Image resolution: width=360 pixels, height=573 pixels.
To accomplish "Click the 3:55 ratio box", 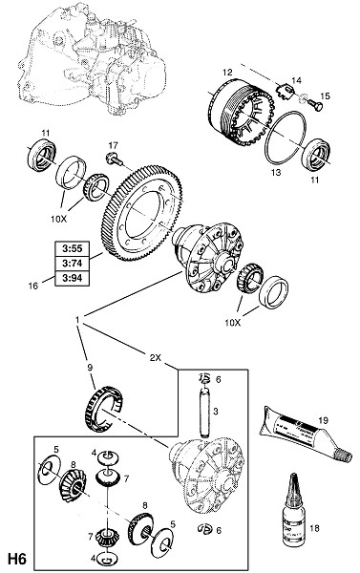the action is (73, 249).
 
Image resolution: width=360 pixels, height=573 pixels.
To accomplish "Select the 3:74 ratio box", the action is (73, 264).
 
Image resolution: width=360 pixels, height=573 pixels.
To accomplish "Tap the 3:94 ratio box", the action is (73, 279).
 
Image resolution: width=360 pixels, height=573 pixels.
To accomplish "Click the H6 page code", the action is (17, 560).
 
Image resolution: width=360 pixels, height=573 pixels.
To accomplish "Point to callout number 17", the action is (114, 145).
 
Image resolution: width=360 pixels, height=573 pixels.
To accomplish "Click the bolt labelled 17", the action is (114, 159).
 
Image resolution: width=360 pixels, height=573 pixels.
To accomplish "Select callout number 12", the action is (227, 72).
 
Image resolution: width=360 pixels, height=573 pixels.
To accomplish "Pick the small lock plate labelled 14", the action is (284, 91).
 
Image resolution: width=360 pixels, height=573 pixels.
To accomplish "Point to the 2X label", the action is (156, 358).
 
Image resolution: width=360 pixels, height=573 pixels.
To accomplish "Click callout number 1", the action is (77, 320).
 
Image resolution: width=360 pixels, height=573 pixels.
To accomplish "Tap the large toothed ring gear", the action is (142, 213).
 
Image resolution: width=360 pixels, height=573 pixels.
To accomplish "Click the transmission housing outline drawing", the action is (92, 58).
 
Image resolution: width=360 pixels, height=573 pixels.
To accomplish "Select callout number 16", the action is (32, 286).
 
